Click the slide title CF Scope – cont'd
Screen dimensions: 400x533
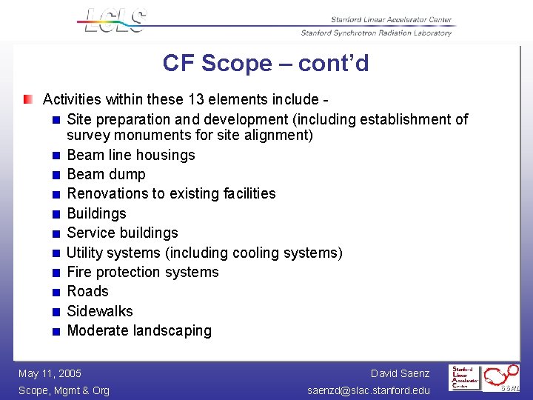(266, 64)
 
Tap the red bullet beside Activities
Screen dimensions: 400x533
(27, 99)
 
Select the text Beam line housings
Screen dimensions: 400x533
(131, 155)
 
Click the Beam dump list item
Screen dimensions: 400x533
(106, 174)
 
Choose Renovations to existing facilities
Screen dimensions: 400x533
(171, 193)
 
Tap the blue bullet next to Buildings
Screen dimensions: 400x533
(56, 214)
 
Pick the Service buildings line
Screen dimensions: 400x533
(122, 233)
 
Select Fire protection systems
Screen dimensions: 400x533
(143, 272)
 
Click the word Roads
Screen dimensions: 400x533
(87, 291)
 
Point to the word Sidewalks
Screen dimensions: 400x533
(100, 311)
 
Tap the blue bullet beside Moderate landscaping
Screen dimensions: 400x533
(56, 331)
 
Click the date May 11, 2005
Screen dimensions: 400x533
(50, 373)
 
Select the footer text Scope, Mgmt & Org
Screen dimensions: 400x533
(64, 390)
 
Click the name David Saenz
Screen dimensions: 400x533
(400, 373)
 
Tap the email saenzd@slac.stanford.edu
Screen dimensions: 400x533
(368, 390)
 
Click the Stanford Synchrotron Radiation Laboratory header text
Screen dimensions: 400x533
(376, 33)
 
